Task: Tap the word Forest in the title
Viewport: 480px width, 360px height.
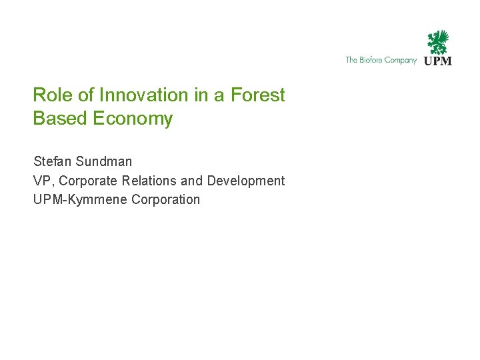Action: click(x=257, y=95)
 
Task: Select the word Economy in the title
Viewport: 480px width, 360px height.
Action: click(x=133, y=119)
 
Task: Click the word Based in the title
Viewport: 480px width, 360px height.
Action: click(x=61, y=119)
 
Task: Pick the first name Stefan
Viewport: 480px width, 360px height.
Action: click(x=52, y=161)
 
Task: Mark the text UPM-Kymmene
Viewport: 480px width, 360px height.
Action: click(x=81, y=199)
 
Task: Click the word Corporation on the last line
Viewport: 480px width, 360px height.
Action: click(x=166, y=199)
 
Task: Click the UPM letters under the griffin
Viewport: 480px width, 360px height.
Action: click(x=438, y=61)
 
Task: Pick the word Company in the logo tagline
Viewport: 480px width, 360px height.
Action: click(x=401, y=60)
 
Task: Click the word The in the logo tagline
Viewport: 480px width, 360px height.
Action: click(x=351, y=60)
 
